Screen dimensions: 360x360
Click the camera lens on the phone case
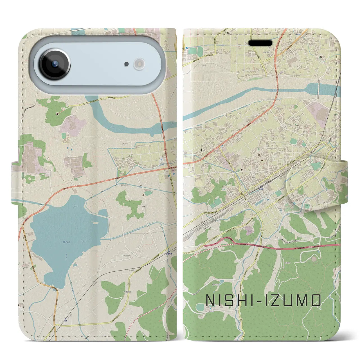(55, 64)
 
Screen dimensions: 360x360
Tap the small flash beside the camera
(139, 64)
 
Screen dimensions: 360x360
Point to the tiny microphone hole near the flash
(127, 64)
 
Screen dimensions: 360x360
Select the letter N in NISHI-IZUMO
(211, 300)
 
